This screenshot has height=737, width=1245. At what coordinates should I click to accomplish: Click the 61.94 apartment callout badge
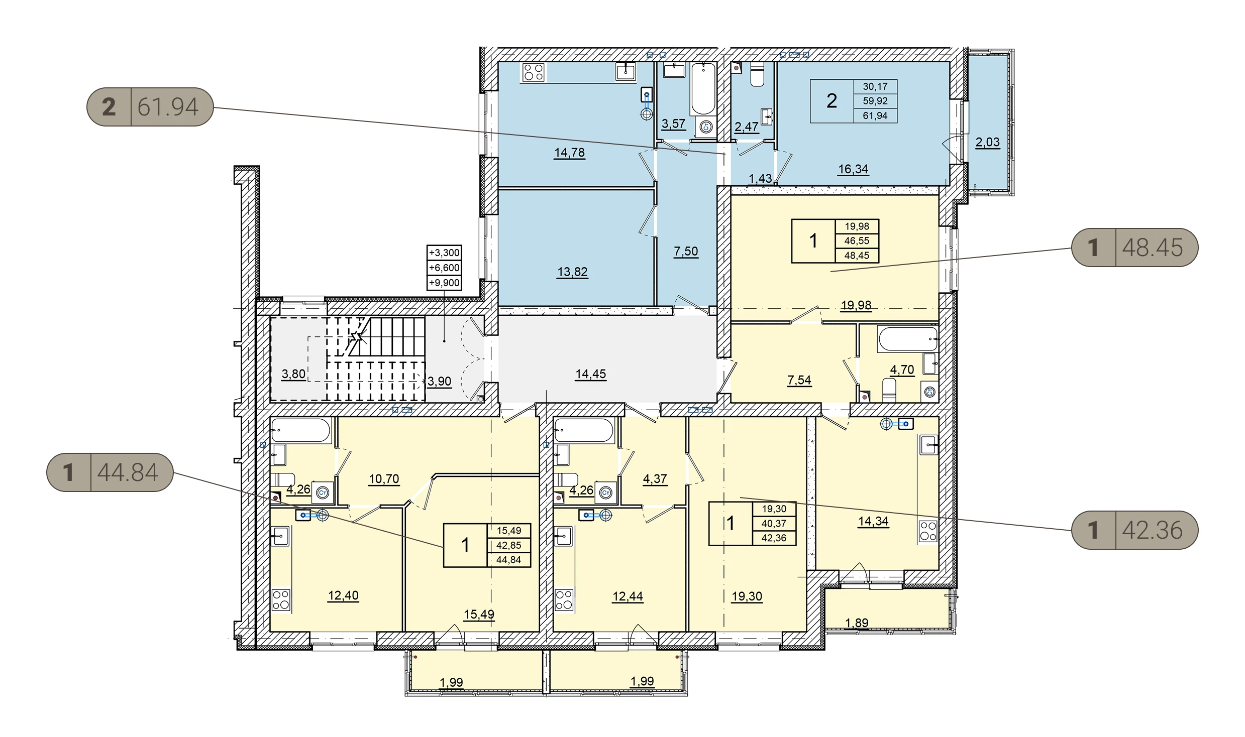point(150,107)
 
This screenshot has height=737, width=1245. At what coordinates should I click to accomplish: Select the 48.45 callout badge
point(1134,248)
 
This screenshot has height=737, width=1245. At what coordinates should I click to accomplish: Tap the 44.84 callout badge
point(110,472)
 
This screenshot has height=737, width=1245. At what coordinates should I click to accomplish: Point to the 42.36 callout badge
point(1134,530)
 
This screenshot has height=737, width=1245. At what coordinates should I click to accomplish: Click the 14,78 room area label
point(569,153)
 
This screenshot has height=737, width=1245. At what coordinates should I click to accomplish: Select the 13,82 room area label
point(572,272)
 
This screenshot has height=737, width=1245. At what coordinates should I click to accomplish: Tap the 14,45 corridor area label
point(591,374)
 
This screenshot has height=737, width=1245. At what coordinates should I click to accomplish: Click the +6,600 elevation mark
point(444,268)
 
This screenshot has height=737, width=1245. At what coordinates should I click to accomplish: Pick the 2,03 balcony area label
point(988,143)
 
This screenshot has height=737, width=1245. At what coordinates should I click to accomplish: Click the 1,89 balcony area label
point(857,623)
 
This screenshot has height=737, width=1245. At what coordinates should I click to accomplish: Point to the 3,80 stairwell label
point(293,374)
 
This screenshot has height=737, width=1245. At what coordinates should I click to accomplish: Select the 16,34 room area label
point(853,169)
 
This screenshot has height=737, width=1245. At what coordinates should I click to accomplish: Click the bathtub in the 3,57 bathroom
point(703,89)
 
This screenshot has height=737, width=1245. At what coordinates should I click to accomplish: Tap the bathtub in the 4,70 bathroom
point(908,339)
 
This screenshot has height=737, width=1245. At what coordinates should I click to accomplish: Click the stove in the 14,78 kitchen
point(533,72)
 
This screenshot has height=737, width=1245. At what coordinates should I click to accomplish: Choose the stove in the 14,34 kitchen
point(928,532)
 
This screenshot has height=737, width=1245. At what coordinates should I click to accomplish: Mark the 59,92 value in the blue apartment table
point(875,101)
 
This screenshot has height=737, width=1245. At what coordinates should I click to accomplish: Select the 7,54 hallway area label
point(799,381)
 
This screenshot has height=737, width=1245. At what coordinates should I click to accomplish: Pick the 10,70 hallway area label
point(384,479)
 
